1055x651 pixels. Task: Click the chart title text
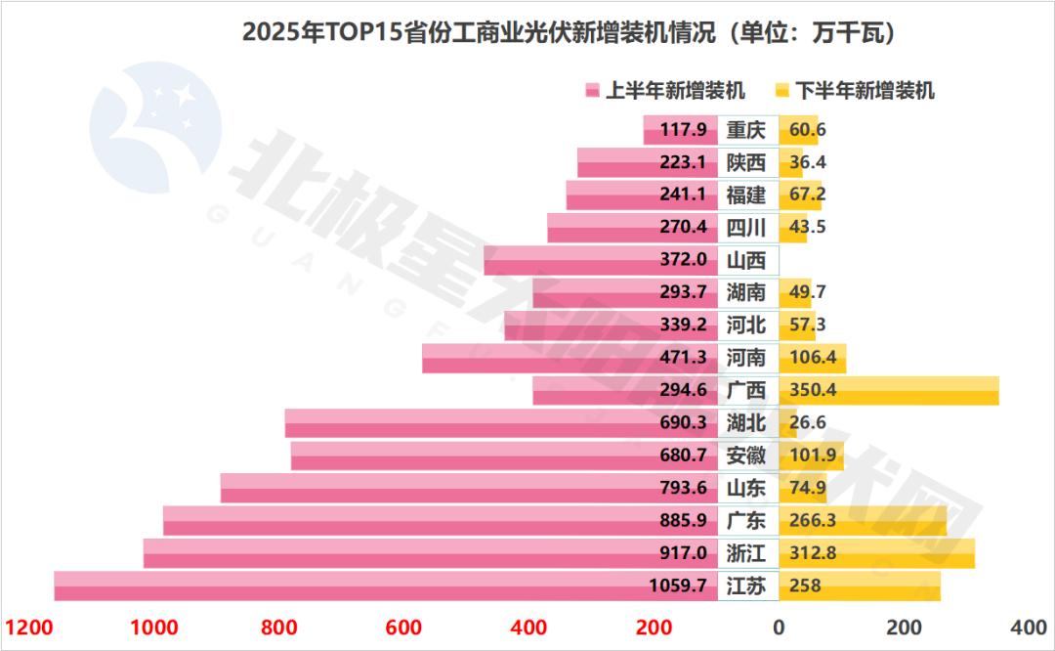click(x=569, y=32)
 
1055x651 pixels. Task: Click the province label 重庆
click(x=747, y=130)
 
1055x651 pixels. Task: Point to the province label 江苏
click(x=747, y=586)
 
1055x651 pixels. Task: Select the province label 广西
click(x=747, y=391)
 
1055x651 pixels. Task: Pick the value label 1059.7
click(x=676, y=586)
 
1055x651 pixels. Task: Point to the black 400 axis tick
click(x=1028, y=628)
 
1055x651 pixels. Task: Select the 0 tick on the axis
click(x=779, y=628)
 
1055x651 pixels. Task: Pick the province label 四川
click(x=747, y=228)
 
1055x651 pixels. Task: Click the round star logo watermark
click(x=155, y=126)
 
